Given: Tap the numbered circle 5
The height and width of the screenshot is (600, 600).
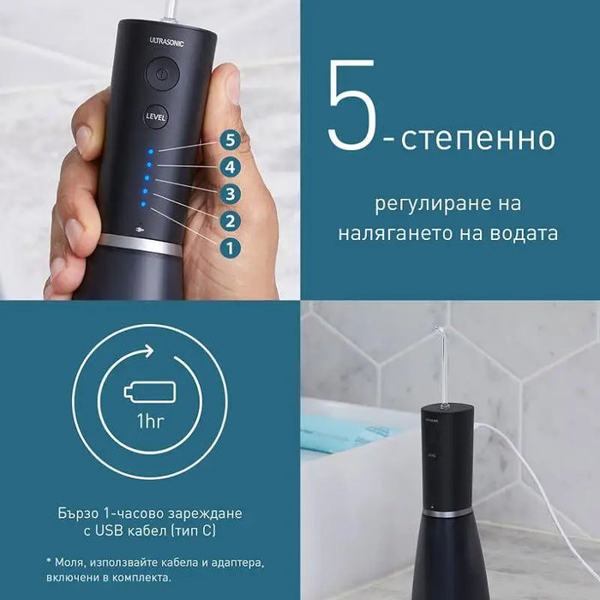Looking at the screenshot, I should (227, 138).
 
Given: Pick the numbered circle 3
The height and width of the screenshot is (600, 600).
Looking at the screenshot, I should (228, 194).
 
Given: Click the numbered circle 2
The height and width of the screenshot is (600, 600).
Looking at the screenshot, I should (228, 222).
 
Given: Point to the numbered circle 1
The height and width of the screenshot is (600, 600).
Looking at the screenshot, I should (228, 249).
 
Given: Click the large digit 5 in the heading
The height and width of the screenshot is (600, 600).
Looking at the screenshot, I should (351, 105).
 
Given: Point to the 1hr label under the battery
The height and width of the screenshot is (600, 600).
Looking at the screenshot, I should (149, 422).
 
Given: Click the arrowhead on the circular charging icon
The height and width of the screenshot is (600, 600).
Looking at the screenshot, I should (149, 351).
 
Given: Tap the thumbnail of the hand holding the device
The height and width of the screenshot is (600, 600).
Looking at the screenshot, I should (150, 150).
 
